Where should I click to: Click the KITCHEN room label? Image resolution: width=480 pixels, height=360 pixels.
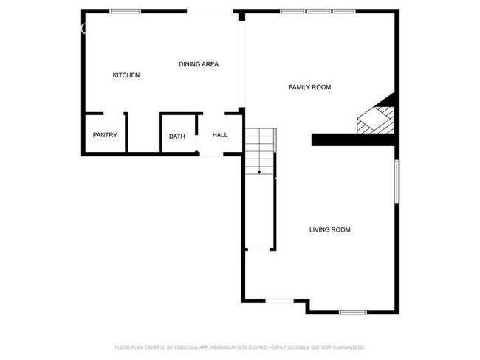point(126,75)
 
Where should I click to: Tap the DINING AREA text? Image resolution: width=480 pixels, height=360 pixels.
point(199,64)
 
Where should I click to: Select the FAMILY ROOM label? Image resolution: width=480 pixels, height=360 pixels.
point(309,87)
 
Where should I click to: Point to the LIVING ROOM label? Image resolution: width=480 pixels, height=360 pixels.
point(329,230)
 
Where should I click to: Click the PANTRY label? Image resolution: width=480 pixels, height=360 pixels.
point(105,135)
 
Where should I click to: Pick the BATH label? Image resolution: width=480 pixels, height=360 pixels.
point(177,136)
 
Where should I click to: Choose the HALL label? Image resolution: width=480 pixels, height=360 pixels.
point(220,135)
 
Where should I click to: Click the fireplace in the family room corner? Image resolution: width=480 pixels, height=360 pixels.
point(377,118)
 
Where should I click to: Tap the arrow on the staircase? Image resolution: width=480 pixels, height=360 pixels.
point(259,171)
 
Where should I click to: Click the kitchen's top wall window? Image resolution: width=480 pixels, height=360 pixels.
point(126,11)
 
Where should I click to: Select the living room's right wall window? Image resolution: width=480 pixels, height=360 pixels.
point(397,181)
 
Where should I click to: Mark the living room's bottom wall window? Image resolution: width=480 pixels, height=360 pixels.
point(353,312)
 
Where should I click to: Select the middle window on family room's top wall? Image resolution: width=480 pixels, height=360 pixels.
point(319,11)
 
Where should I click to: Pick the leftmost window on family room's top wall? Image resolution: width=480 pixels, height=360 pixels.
point(292,11)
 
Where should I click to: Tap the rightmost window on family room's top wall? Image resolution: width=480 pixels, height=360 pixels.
point(344,11)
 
